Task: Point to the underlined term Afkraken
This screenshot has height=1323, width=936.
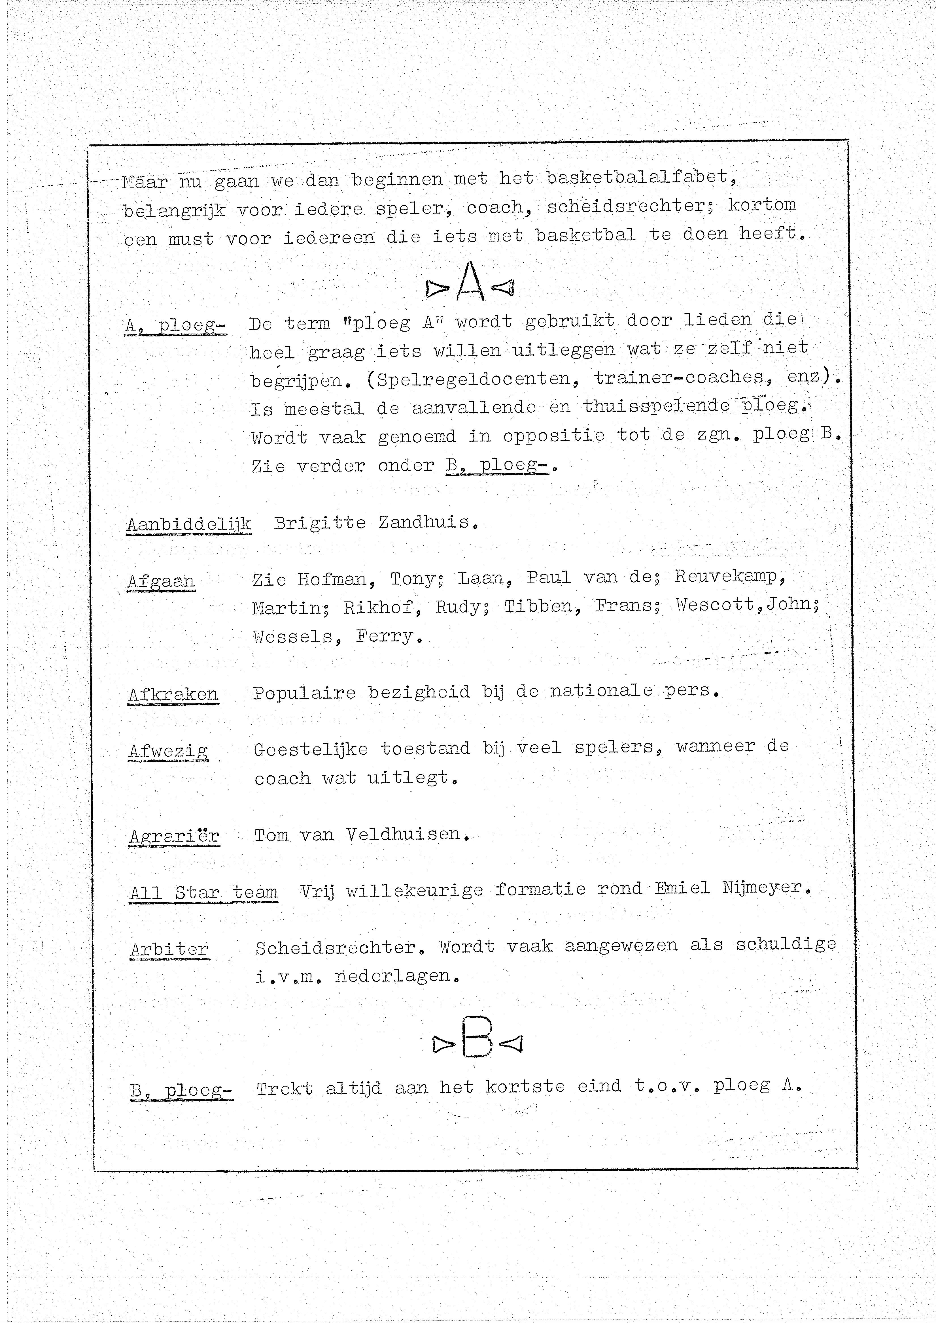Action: point(173,694)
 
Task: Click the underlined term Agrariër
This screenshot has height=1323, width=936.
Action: point(174,836)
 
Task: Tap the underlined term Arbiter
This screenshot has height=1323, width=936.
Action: point(169,949)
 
